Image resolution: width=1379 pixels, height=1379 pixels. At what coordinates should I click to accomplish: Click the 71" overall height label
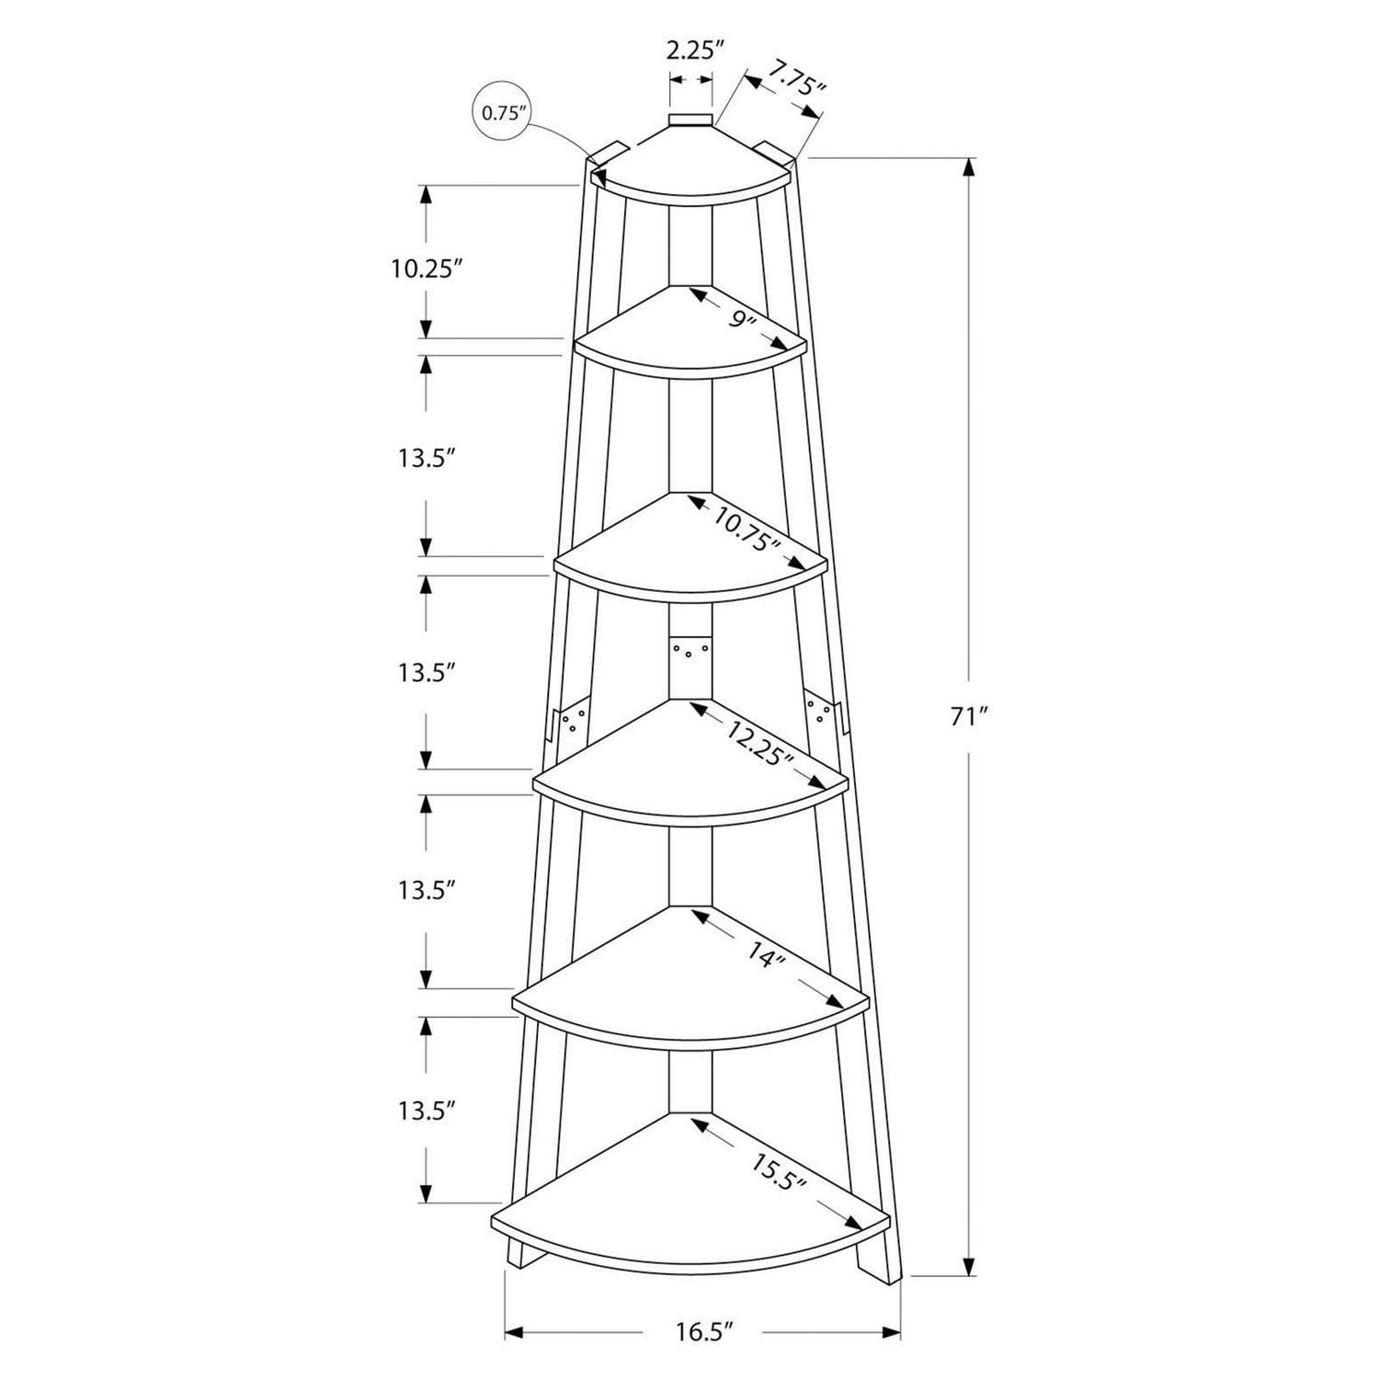[968, 717]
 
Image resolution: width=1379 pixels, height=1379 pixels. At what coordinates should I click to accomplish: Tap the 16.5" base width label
[704, 1330]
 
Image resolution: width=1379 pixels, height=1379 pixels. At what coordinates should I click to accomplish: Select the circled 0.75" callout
[501, 113]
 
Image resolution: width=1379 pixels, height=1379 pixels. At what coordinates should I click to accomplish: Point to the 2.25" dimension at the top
[690, 50]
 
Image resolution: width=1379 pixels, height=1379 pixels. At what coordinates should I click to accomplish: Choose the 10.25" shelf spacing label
[423, 268]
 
